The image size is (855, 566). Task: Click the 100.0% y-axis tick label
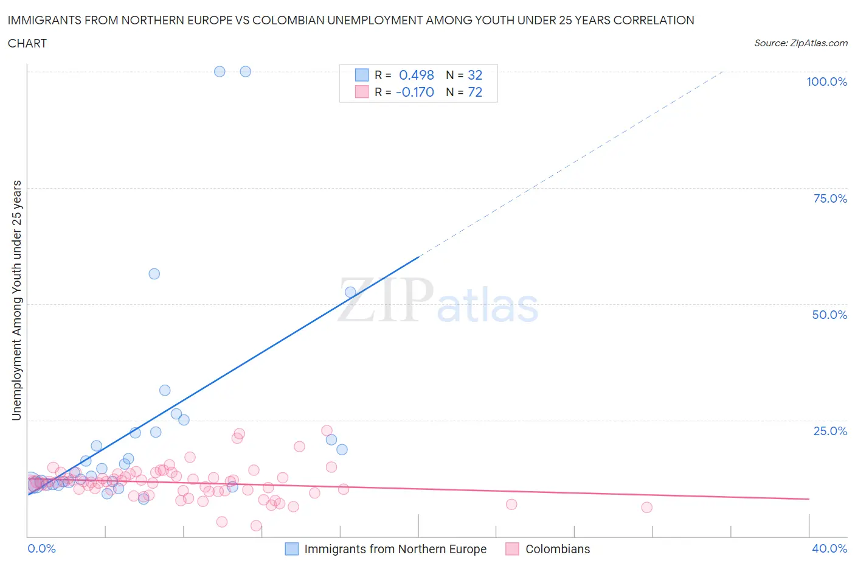(x=826, y=82)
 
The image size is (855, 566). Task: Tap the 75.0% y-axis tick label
(x=830, y=198)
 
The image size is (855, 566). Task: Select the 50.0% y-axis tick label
(x=829, y=315)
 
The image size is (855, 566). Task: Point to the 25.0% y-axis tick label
(x=830, y=431)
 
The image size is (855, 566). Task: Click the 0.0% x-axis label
(x=41, y=548)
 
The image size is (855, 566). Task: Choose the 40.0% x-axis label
(x=829, y=548)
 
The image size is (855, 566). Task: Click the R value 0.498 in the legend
(x=416, y=75)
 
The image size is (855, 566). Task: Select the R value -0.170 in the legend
(x=415, y=92)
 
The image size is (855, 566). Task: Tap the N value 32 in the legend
(x=475, y=75)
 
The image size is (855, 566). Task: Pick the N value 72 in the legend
(x=475, y=92)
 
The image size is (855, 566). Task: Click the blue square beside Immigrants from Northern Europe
(x=292, y=549)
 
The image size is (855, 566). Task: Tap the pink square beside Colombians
(x=513, y=549)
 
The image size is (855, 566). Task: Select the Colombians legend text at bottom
(x=558, y=549)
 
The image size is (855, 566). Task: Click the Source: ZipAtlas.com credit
(x=800, y=43)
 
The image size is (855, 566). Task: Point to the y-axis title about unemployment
(x=16, y=300)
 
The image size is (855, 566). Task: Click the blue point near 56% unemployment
(x=154, y=274)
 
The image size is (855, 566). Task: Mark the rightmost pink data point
(x=646, y=508)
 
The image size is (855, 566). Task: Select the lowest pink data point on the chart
(x=256, y=526)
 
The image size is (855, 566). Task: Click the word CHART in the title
(x=27, y=43)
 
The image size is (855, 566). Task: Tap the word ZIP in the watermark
(x=386, y=299)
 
